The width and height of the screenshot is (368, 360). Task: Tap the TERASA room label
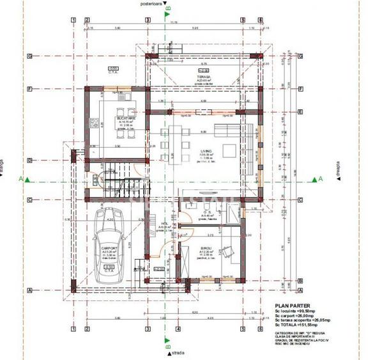click(204, 76)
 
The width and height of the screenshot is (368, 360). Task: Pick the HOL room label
click(164, 224)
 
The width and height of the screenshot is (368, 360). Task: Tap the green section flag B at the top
click(167, 12)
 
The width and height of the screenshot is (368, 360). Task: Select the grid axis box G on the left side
click(29, 56)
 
